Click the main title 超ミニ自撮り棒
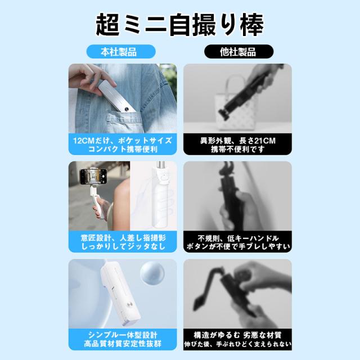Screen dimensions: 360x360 coord(180,25)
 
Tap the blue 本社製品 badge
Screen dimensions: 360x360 coord(121,52)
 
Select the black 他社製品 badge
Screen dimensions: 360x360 coord(238,52)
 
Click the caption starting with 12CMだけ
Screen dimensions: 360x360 coord(123,145)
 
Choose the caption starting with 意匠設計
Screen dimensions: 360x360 coord(123,242)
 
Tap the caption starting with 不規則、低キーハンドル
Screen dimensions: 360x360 coord(238,242)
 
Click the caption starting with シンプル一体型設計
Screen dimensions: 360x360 coord(123,339)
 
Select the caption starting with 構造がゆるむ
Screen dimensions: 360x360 coord(237,339)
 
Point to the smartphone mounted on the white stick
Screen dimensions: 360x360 coord(93,177)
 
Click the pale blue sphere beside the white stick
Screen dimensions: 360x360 coord(152,274)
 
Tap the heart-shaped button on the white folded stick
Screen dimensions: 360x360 coord(164,178)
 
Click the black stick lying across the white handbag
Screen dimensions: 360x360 coord(248,92)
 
